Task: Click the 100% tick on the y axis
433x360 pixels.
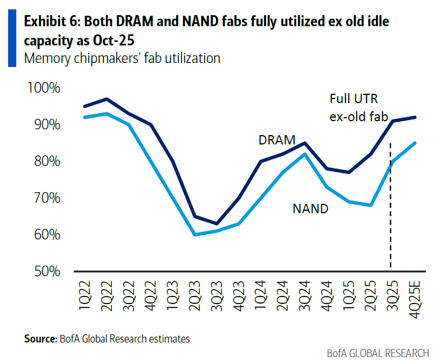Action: [43, 89]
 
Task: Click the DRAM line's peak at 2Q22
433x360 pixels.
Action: [107, 99]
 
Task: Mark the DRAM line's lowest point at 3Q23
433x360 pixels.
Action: [217, 224]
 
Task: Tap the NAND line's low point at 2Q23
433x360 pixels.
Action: [195, 235]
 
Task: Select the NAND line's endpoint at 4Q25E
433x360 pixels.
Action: [414, 143]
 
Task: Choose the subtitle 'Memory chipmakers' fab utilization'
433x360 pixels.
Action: [121, 58]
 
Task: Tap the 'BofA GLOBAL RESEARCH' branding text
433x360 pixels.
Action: [378, 352]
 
